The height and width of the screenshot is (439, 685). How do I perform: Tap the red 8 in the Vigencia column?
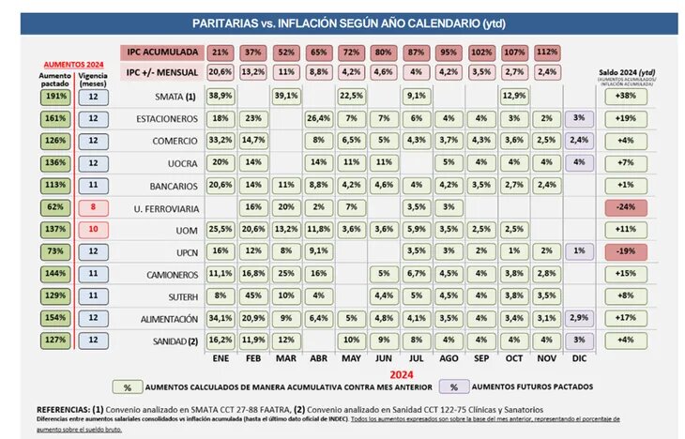pyautogui.click(x=93, y=207)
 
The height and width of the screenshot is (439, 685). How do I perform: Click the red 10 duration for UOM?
pyautogui.click(x=93, y=229)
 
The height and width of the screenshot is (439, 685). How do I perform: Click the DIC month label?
pyautogui.click(x=578, y=358)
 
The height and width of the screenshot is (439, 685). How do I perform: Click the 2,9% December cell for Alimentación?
pyautogui.click(x=579, y=318)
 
